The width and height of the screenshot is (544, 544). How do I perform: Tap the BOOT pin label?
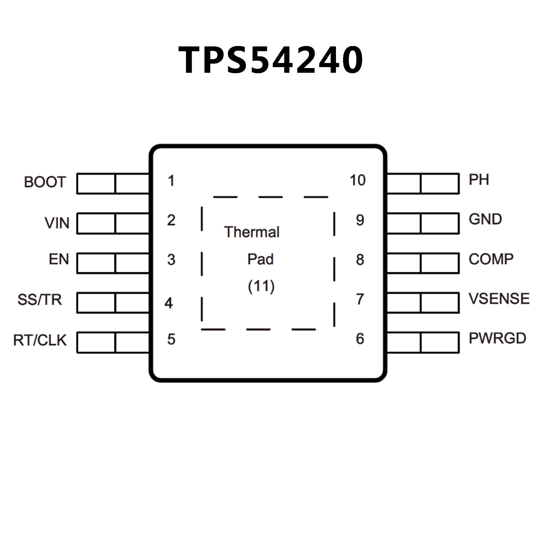pyautogui.click(x=45, y=182)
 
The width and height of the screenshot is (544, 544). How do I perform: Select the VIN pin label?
pyautogui.click(x=57, y=223)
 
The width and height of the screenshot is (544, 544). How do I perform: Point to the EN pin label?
pyautogui.click(x=59, y=259)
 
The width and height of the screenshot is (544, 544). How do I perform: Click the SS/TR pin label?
pyautogui.click(x=40, y=300)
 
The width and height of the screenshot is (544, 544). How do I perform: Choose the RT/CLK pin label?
pyautogui.click(x=40, y=340)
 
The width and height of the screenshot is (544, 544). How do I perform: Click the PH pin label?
pyautogui.click(x=479, y=180)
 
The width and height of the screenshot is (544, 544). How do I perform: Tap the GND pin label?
pyautogui.click(x=485, y=219)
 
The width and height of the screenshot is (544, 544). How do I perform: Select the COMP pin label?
pyautogui.click(x=491, y=259)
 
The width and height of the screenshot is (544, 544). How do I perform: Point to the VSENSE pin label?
pyautogui.click(x=499, y=299)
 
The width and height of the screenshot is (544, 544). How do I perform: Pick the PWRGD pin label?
pyautogui.click(x=497, y=338)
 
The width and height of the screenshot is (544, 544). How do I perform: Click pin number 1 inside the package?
pyautogui.click(x=171, y=181)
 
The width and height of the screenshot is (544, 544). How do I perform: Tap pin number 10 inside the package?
pyautogui.click(x=358, y=180)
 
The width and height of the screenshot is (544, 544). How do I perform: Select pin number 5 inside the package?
pyautogui.click(x=171, y=340)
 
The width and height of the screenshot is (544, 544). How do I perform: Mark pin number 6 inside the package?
pyautogui.click(x=360, y=339)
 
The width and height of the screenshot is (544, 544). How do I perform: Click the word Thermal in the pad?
pyautogui.click(x=252, y=232)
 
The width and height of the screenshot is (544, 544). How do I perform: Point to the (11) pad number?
pyautogui.click(x=261, y=286)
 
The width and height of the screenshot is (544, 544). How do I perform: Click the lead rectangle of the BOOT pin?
pyautogui.click(x=113, y=184)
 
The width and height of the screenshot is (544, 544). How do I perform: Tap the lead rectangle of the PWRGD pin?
pyautogui.click(x=423, y=342)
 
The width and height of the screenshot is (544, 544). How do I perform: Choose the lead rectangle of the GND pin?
pyautogui.click(x=423, y=223)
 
